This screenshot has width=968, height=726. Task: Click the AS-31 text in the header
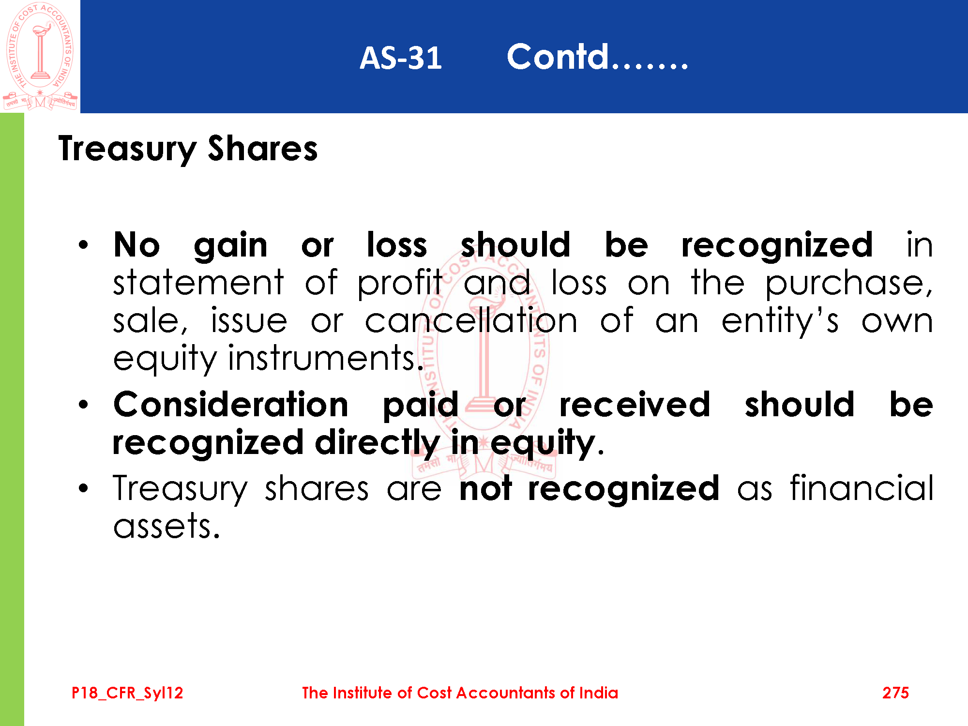401,58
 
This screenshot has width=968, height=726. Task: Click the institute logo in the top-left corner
40,56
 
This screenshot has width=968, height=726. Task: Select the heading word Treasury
127,150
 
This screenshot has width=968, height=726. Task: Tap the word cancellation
471,320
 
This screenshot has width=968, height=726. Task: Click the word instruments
326,358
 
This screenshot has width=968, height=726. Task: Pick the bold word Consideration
231,405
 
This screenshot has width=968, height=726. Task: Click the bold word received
635,405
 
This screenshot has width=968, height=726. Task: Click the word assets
166,527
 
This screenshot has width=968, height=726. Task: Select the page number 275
895,693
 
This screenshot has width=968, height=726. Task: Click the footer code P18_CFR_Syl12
127,693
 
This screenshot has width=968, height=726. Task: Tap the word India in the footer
599,693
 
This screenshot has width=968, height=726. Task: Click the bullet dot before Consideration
84,404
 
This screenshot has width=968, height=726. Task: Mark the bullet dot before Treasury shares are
84,488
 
